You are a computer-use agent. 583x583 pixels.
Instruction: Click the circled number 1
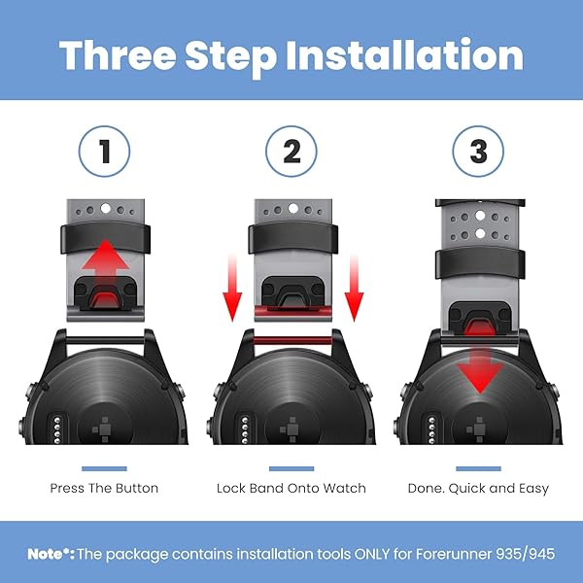105,151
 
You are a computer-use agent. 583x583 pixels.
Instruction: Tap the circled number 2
291,151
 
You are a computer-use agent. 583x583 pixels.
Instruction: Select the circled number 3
478,151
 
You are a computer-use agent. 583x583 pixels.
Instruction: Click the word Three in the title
118,55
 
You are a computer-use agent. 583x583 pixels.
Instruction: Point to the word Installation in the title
405,55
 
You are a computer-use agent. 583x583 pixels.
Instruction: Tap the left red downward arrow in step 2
232,288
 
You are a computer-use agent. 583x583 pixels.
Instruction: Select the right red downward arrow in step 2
354,288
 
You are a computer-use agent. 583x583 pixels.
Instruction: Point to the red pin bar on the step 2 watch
291,340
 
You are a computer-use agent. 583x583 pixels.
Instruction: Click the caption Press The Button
104,488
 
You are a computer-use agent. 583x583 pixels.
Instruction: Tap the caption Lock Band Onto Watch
291,488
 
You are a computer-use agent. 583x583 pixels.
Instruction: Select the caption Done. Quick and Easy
478,488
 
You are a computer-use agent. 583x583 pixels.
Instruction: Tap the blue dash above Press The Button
104,468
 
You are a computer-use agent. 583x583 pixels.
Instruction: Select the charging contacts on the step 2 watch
244,430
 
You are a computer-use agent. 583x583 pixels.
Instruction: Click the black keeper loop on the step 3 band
480,264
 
